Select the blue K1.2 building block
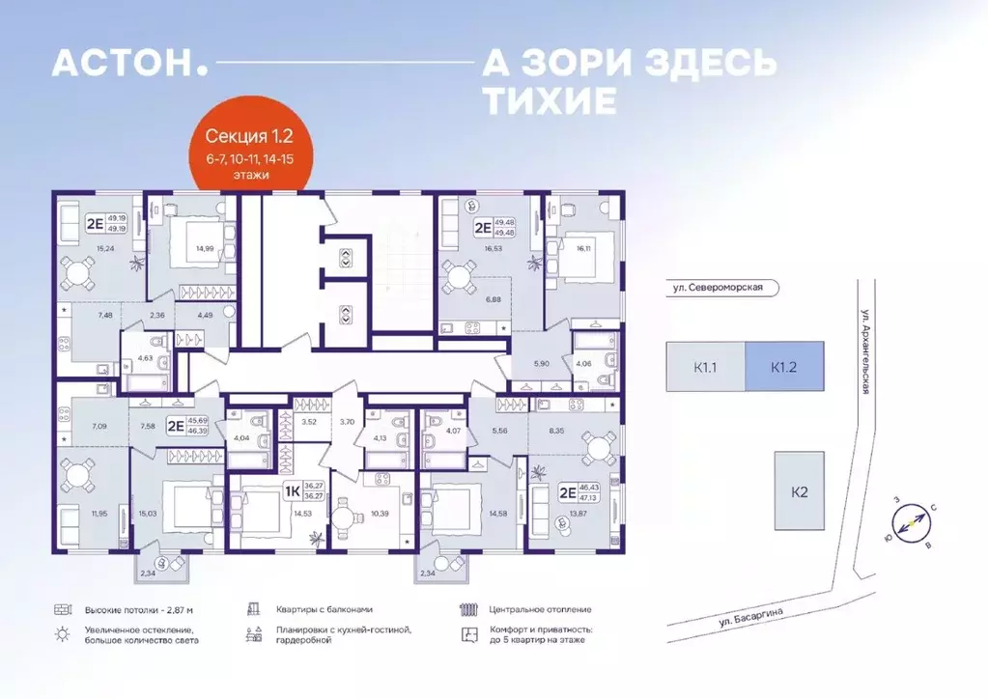coord(783,366)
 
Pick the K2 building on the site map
coord(799,490)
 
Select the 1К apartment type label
coord(291,490)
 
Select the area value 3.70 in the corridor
coord(348,421)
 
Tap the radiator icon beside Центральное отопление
coord(469,610)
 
